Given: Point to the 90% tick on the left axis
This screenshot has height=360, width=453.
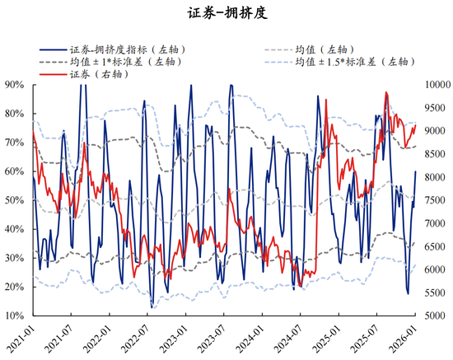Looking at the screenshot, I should [x=14, y=84].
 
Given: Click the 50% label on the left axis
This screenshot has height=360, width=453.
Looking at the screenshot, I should [x=14, y=200].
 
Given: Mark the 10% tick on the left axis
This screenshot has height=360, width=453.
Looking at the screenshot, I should [x=14, y=316].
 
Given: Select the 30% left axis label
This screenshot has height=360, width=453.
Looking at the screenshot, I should [x=14, y=258].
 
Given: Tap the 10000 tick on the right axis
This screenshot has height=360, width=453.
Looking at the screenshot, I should [x=437, y=84].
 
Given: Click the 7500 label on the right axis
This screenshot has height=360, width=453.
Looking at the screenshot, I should [x=435, y=200].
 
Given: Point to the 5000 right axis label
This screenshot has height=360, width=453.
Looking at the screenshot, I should [x=435, y=316].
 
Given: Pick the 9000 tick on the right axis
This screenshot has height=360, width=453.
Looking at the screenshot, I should [x=435, y=130].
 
